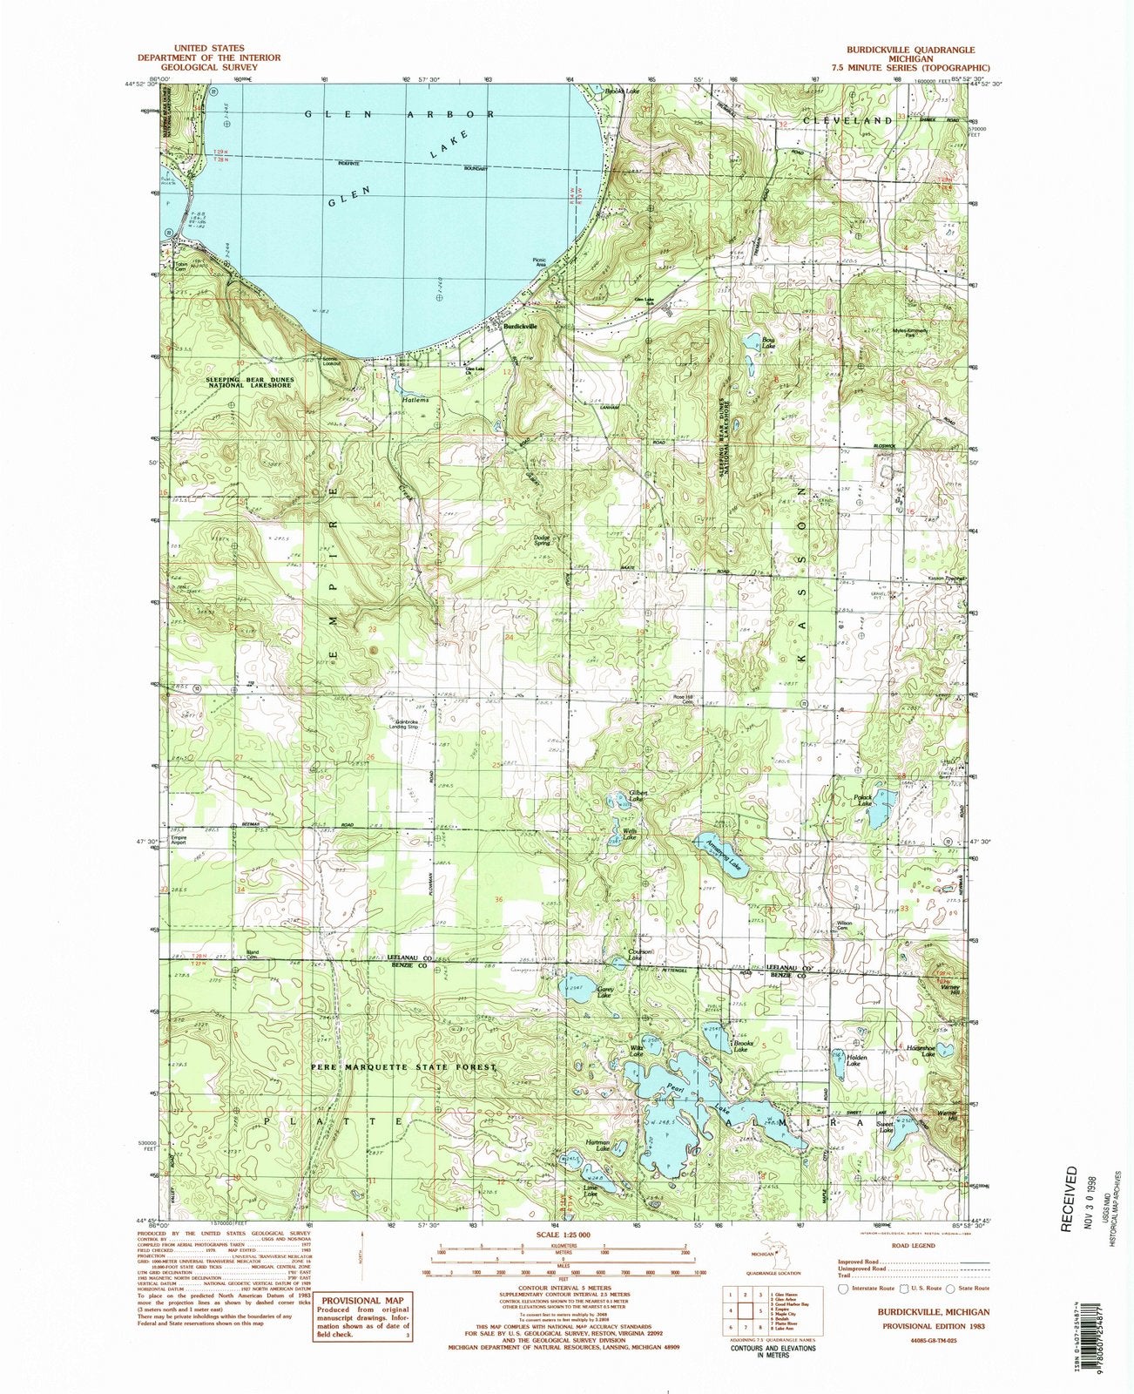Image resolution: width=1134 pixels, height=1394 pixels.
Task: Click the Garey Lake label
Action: tap(607, 991)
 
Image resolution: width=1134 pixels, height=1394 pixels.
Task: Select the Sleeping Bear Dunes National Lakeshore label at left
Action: tap(250, 384)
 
